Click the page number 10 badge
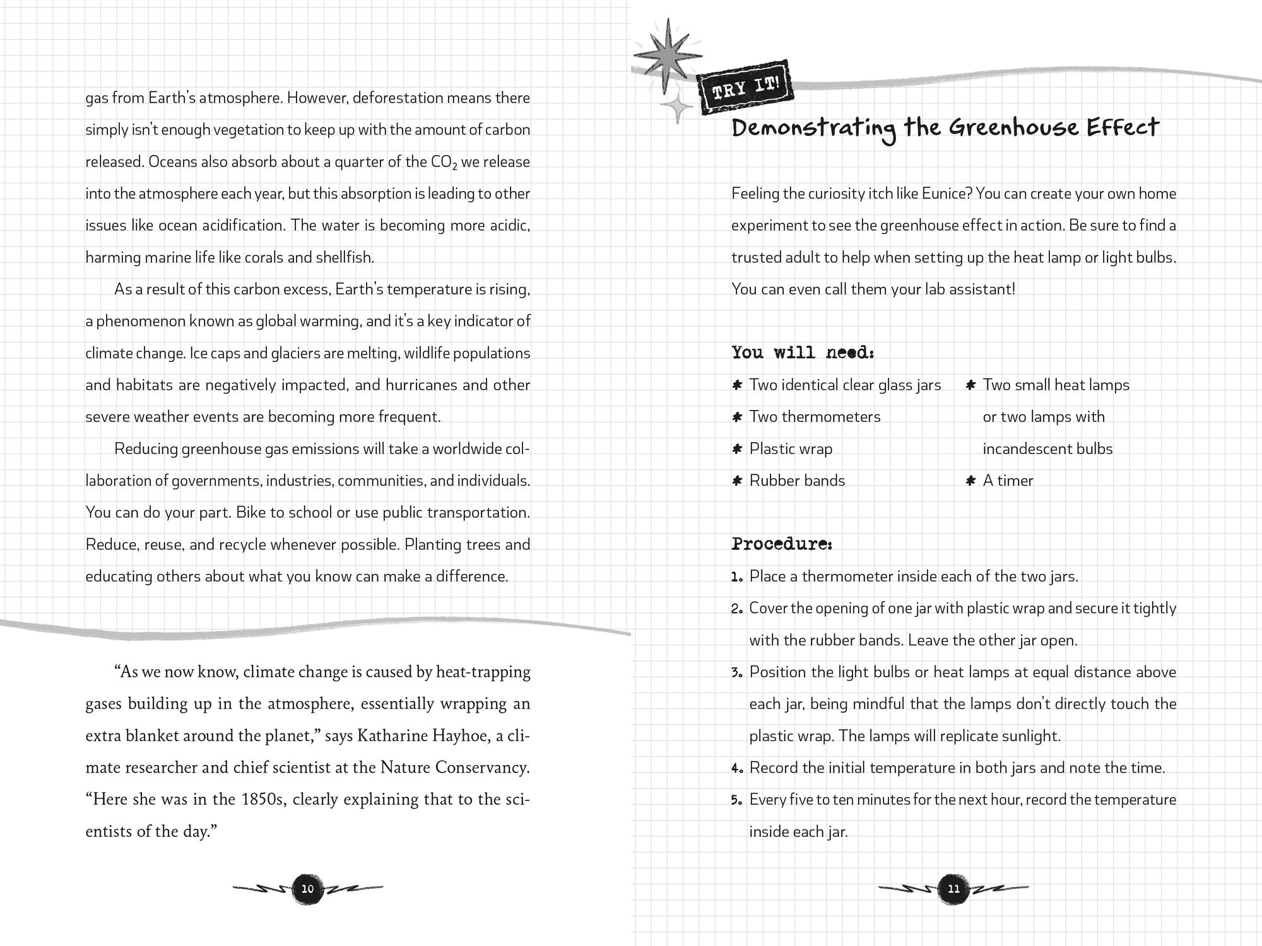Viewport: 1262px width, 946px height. tap(307, 889)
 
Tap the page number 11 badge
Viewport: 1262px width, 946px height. tap(953, 889)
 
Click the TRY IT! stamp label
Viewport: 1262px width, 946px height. tap(745, 88)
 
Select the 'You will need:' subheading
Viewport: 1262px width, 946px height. tap(803, 352)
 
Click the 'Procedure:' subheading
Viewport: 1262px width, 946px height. tap(782, 544)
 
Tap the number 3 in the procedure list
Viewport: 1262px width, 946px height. tap(736, 672)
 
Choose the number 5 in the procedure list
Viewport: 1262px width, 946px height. tap(736, 800)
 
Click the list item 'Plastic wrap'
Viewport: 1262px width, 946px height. tap(791, 448)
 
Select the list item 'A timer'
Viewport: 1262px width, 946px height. tap(1008, 481)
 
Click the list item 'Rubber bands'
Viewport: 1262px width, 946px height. tap(797, 481)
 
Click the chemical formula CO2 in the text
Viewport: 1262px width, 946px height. tap(444, 162)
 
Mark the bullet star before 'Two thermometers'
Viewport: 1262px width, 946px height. tap(736, 417)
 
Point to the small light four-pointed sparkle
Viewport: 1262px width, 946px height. tap(677, 108)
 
